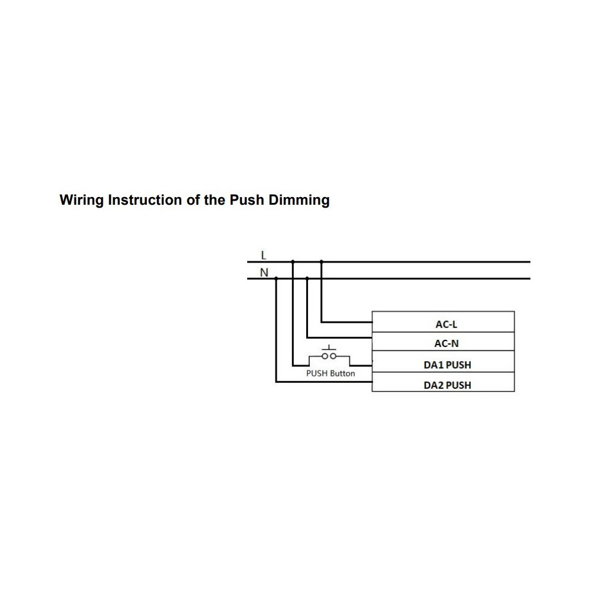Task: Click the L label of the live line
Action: click(263, 255)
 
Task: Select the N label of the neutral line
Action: click(264, 273)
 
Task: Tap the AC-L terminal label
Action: click(446, 324)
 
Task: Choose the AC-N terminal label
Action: click(446, 344)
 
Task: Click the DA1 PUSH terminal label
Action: click(447, 365)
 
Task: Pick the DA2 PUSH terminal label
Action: click(447, 385)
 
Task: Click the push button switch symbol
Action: click(329, 355)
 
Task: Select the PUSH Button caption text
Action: click(330, 373)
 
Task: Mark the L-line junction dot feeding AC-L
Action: click(321, 261)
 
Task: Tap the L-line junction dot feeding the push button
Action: click(293, 261)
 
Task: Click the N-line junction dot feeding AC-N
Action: click(307, 278)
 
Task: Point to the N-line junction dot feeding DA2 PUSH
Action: click(276, 278)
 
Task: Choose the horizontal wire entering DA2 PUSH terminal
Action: click(324, 382)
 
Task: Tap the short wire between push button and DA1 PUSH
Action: click(361, 365)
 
